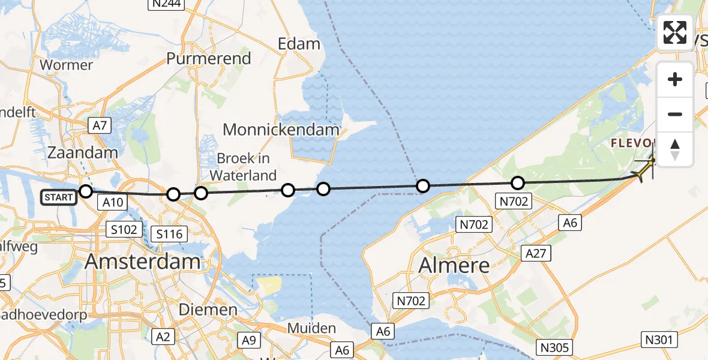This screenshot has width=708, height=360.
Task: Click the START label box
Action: (59, 197)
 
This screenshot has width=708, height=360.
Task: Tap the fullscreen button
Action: (675, 32)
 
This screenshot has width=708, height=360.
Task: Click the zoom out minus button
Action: (675, 114)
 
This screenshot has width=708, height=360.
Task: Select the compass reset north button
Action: (675, 149)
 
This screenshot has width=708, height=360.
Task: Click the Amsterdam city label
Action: (143, 262)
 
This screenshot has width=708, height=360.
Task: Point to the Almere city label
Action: (454, 265)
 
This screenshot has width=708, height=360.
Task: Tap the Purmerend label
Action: (208, 59)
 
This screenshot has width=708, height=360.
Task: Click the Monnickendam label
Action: (281, 129)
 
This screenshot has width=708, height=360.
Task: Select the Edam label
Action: (299, 44)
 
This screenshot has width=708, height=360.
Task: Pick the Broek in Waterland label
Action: (243, 167)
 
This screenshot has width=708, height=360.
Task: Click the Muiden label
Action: (311, 328)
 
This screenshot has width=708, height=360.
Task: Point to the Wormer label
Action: (66, 65)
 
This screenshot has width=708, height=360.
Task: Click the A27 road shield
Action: (535, 253)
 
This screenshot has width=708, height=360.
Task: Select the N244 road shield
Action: (167, 4)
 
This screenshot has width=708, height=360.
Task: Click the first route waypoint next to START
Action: (86, 191)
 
